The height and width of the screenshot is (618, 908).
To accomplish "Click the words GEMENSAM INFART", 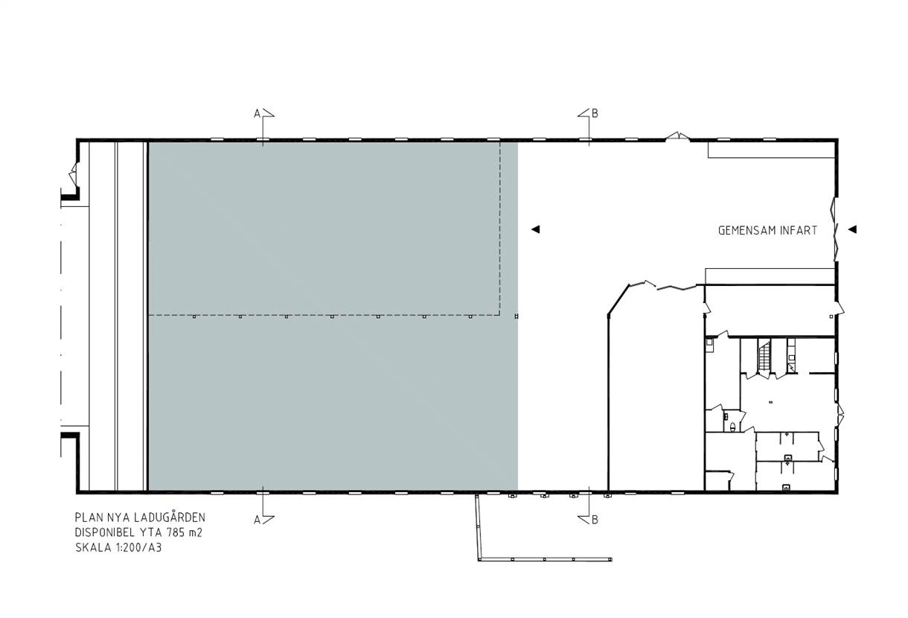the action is coord(767,231).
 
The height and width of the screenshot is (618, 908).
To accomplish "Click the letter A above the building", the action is coord(257,114).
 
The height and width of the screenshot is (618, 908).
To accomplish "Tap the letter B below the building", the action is coord(595,520).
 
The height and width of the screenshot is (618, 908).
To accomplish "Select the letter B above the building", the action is coord(595,113).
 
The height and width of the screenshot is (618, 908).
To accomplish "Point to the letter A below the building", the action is coord(257,520).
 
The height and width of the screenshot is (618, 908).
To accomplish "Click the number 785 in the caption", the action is coord(176,532).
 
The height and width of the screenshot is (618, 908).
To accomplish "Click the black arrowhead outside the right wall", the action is coord(852,229).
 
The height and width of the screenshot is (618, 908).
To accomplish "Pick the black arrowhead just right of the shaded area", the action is coord(535,229).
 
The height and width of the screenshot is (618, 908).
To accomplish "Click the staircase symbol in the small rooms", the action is coord(764,356).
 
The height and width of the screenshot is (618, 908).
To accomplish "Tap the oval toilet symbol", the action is coord(732,426).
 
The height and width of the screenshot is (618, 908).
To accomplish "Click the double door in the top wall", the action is coord(677,136).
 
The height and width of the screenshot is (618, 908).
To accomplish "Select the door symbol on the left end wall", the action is coord(74,174).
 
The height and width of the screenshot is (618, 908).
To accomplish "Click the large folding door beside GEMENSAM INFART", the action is coord(835,229).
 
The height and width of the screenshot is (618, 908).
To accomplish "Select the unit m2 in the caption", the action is coord(196,532).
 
